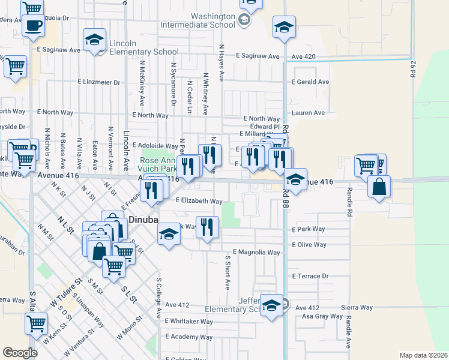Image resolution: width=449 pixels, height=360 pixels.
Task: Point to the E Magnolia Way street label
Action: (256, 252)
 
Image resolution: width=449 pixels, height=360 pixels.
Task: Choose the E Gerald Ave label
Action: (310, 82)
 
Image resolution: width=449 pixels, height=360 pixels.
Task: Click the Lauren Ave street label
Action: (308, 112)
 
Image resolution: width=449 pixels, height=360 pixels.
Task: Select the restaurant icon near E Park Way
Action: (207, 227)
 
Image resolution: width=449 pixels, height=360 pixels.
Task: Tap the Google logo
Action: (20, 352)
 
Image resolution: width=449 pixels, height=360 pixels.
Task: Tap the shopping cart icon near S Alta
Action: (36, 323)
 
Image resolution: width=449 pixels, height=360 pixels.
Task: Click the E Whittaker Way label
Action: (189, 322)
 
